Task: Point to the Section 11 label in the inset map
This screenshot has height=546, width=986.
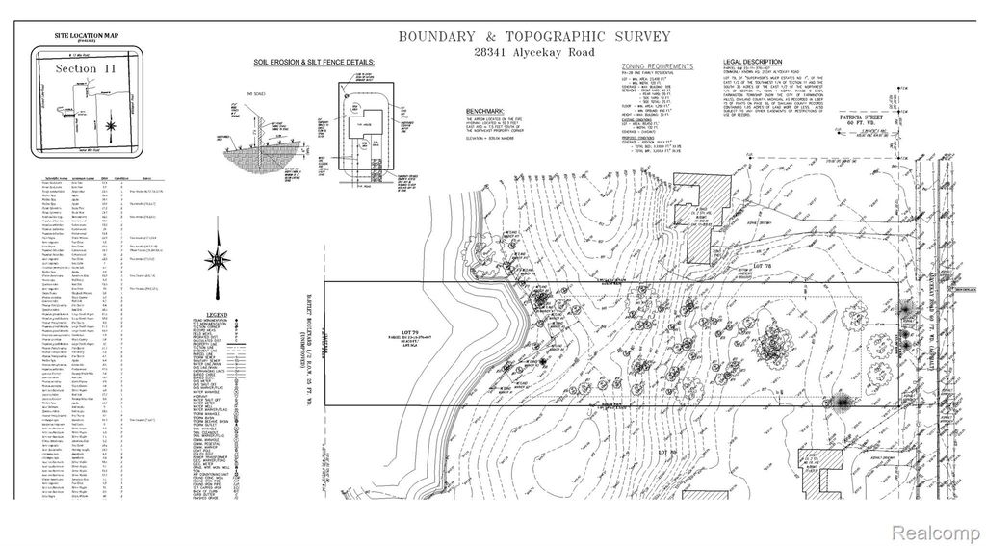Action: [x=75, y=69]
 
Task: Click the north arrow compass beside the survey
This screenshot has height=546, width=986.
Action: [x=221, y=261]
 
